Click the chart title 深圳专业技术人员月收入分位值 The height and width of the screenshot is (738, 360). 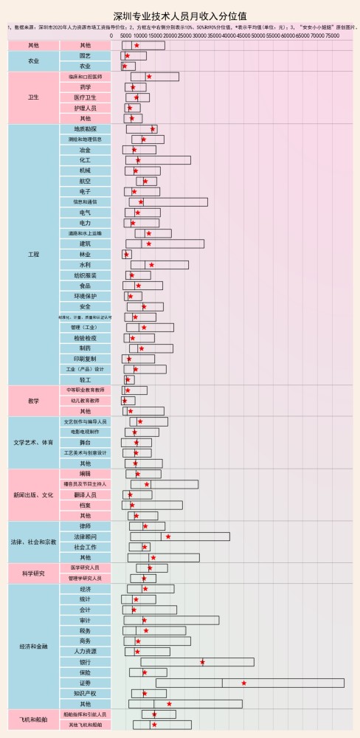[x=180, y=15]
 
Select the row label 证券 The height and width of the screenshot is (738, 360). [x=85, y=683]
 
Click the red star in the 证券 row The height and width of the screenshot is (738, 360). [x=243, y=683]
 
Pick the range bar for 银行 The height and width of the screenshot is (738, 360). [x=197, y=662]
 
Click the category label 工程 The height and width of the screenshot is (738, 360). [x=33, y=255]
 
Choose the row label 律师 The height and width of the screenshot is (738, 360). [x=85, y=526]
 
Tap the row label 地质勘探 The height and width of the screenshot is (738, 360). [x=85, y=128]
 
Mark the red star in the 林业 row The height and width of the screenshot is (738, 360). [x=126, y=255]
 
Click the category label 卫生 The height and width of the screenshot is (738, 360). [x=33, y=97]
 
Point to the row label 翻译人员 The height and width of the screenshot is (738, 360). [x=85, y=494]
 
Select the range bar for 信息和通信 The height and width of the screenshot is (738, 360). [x=168, y=201]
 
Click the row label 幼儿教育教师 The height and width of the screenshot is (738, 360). [x=85, y=401]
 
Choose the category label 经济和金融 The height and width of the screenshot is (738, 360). [x=33, y=646]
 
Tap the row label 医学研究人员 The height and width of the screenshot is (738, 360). [x=85, y=568]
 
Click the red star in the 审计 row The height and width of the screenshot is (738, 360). [x=145, y=621]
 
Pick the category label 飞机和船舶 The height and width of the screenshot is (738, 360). [x=33, y=719]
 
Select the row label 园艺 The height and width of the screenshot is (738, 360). [x=85, y=56]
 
